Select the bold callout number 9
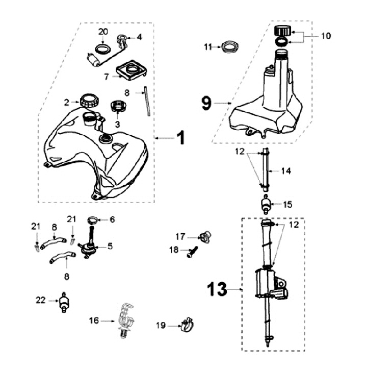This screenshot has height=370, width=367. point(206,103)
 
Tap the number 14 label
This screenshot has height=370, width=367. point(286,171)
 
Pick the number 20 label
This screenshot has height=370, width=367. point(103,32)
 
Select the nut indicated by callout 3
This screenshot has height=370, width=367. point(118,107)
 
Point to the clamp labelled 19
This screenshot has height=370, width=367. point(187,325)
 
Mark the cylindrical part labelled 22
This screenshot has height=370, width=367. point(65,303)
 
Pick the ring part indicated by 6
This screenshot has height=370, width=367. point(93,220)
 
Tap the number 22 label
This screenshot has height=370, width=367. point(40,300)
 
